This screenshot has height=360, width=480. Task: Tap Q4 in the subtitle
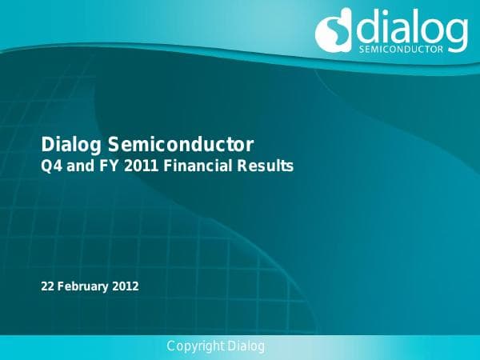pos(50,167)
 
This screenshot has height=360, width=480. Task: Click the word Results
pos(266,167)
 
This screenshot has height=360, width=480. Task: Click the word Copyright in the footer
pos(195,346)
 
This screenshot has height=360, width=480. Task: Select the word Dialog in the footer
pos(246,346)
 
